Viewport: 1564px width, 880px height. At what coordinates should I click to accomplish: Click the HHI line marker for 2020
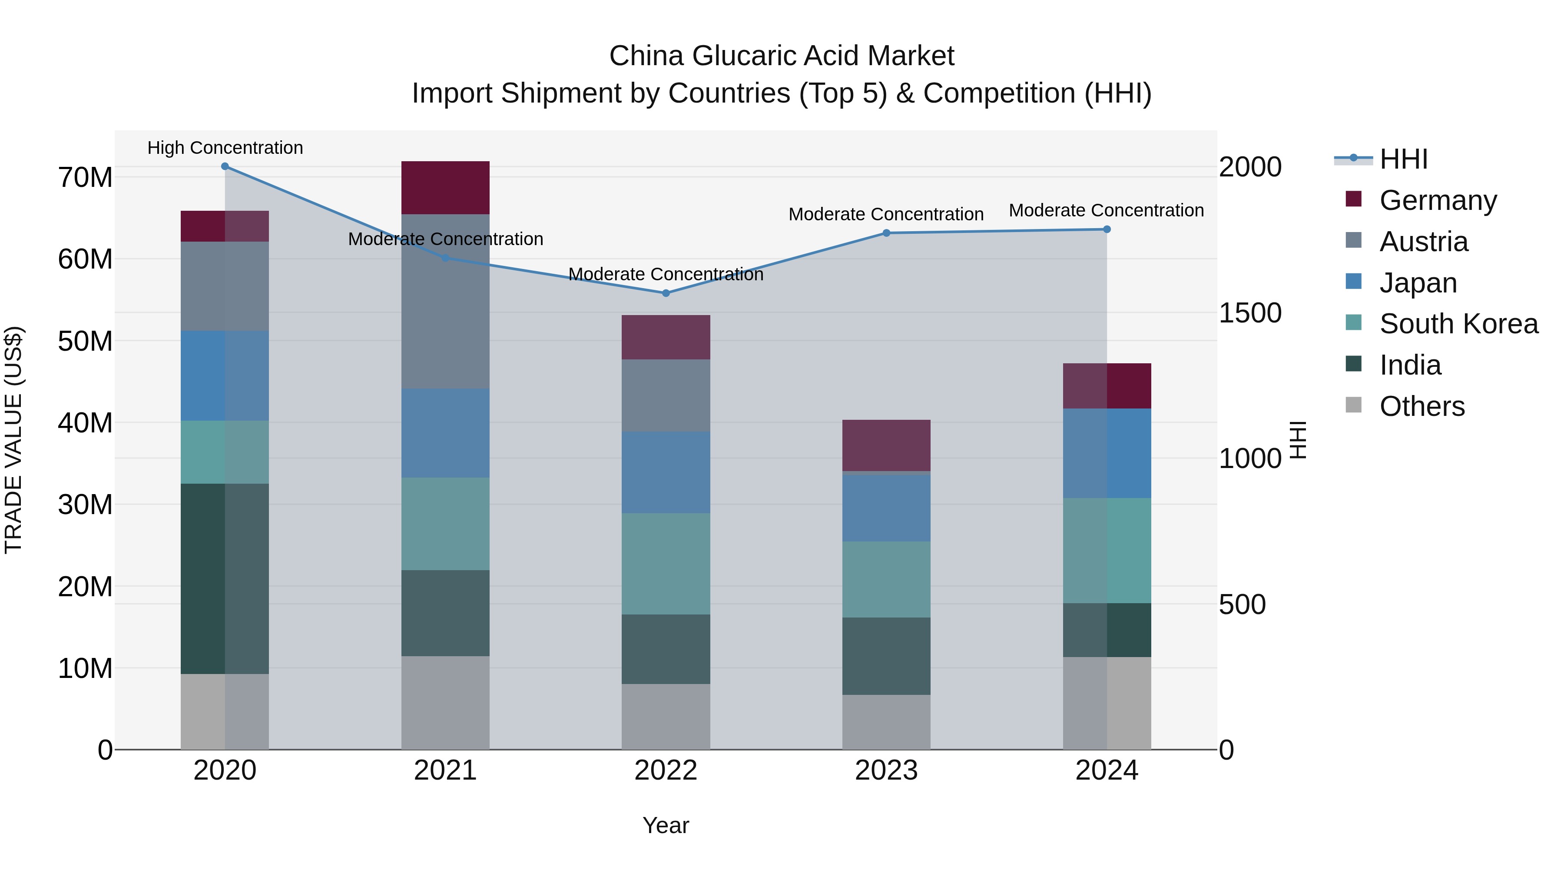pyautogui.click(x=225, y=166)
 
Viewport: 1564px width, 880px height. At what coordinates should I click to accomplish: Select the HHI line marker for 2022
pyautogui.click(x=666, y=293)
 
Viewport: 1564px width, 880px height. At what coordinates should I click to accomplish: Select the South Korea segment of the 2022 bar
pyautogui.click(x=666, y=564)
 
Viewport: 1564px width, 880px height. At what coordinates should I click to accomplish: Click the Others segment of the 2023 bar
pyautogui.click(x=886, y=722)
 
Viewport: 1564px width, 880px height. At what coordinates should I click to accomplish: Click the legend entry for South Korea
pyautogui.click(x=1458, y=324)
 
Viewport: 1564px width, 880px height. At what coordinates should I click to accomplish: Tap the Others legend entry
pyautogui.click(x=1422, y=406)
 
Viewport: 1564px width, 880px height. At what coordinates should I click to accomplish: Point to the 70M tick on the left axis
pyautogui.click(x=85, y=178)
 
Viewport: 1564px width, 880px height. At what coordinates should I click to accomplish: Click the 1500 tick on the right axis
pyautogui.click(x=1250, y=313)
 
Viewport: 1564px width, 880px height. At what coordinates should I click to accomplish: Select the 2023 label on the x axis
pyautogui.click(x=886, y=770)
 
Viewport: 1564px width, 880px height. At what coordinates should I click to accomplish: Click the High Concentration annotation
pyautogui.click(x=225, y=148)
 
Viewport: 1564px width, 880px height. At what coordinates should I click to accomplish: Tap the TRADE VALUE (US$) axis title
pyautogui.click(x=13, y=440)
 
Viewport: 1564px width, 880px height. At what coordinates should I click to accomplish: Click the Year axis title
pyautogui.click(x=666, y=825)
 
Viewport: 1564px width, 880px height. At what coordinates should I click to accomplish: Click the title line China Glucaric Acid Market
pyautogui.click(x=782, y=56)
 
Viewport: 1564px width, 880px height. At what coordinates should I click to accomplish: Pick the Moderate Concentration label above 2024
pyautogui.click(x=1106, y=210)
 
